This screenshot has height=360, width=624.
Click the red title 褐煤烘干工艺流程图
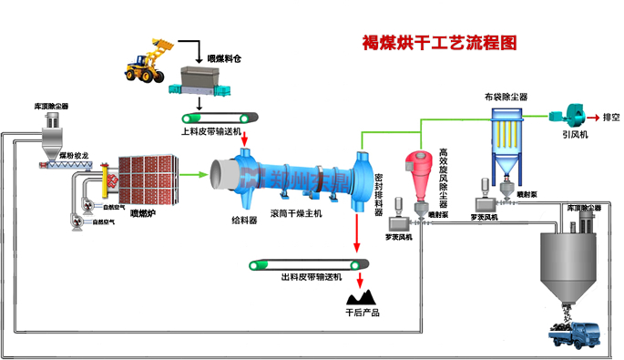coord(439,42)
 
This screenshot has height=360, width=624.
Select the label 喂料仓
coord(223,59)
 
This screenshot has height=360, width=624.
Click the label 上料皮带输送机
coord(211,131)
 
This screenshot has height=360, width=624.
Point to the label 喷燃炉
coord(145,213)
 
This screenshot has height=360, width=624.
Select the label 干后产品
coord(363,313)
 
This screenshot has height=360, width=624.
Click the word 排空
coord(610,118)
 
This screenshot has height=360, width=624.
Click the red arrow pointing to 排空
coord(594,118)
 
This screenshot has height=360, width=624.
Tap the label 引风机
coord(575,135)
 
